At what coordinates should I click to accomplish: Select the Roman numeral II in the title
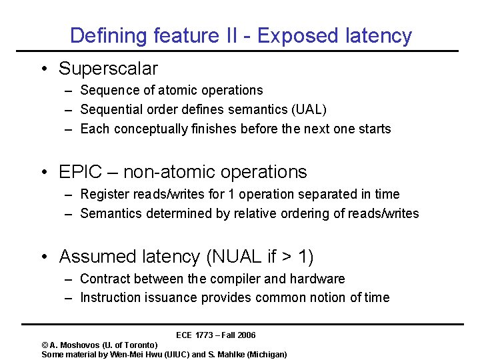click(228, 35)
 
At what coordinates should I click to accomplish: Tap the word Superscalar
click(108, 69)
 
